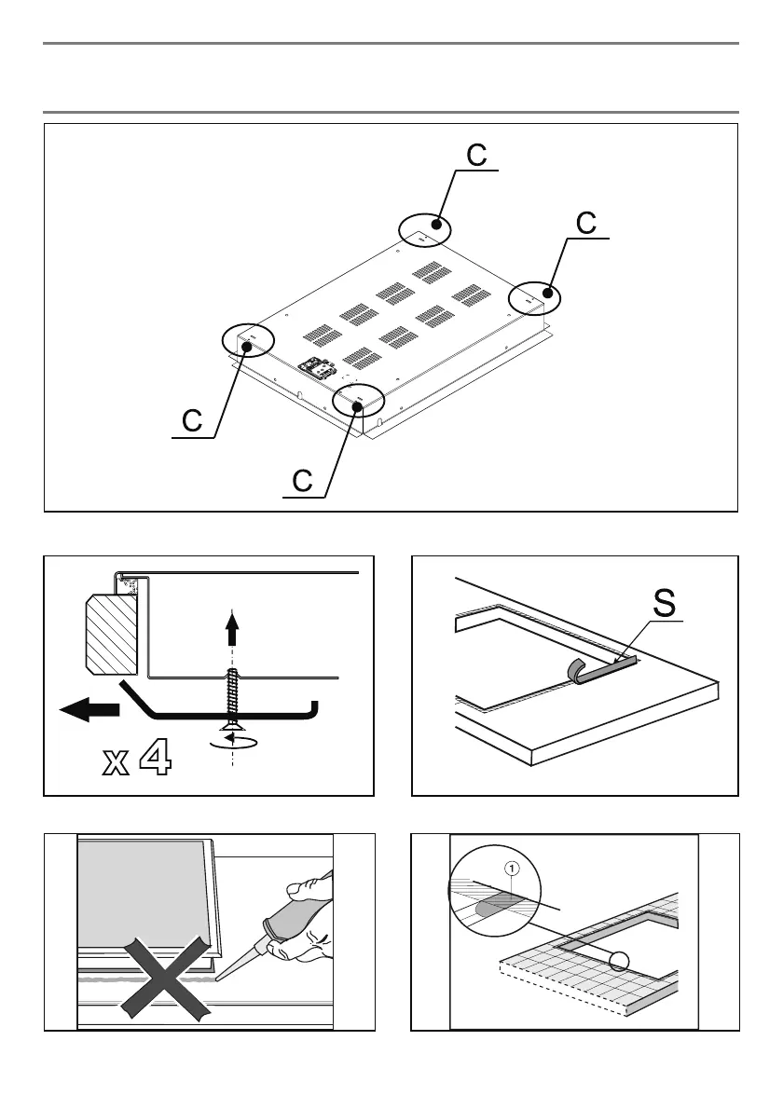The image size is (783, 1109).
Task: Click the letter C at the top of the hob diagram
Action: pos(475,156)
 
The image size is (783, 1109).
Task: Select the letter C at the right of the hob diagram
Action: pos(585,224)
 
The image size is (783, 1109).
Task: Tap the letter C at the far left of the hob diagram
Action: pos(192,421)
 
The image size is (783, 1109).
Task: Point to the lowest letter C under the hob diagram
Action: pos(302,482)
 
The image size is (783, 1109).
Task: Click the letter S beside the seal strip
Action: pos(664,602)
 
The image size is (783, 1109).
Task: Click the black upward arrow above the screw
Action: pos(231,633)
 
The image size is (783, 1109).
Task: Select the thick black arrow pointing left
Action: pos(89,710)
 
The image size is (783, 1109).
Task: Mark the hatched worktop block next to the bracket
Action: pos(111,635)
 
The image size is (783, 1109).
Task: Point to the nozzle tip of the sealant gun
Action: pos(220,979)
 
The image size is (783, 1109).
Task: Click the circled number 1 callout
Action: pos(511,868)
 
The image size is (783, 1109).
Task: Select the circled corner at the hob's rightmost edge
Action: pos(535,296)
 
